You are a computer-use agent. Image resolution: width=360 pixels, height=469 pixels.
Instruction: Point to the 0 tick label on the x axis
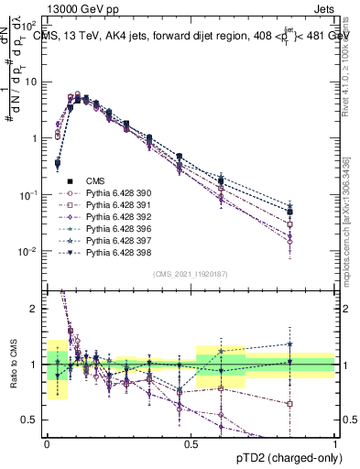click(47, 442)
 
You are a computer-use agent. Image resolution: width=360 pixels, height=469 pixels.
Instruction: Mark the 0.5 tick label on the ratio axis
click(30, 421)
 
